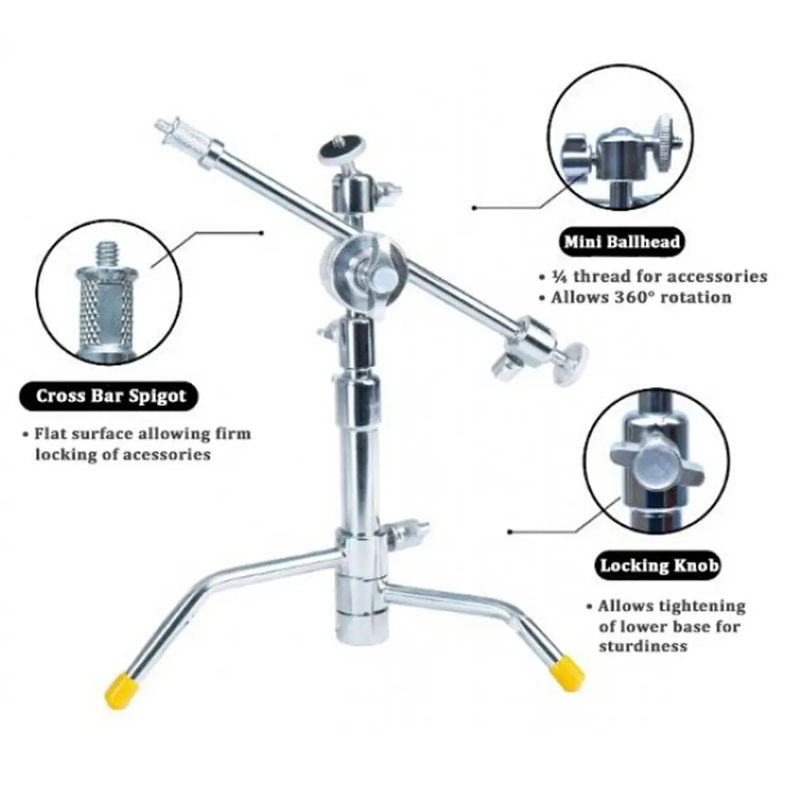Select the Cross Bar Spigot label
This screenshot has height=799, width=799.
(x=110, y=395)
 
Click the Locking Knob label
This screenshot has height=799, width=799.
(x=658, y=564)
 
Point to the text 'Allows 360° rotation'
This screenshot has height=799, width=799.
(x=640, y=297)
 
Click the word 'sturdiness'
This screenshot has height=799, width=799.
(x=633, y=646)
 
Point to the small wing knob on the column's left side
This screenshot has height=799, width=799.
(x=327, y=334)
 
